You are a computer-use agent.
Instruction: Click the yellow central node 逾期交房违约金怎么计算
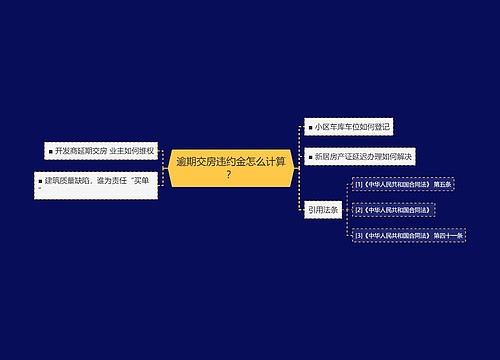(232, 166)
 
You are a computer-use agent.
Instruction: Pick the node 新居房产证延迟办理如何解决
(361, 157)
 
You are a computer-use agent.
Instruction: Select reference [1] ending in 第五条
(405, 186)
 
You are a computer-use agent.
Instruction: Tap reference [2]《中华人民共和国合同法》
(392, 211)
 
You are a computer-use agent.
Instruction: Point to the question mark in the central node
(229, 175)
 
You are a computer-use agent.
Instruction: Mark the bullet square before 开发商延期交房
(49, 151)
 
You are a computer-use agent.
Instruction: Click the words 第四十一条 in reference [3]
(445, 235)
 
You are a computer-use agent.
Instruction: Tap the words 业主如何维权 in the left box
(140, 151)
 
